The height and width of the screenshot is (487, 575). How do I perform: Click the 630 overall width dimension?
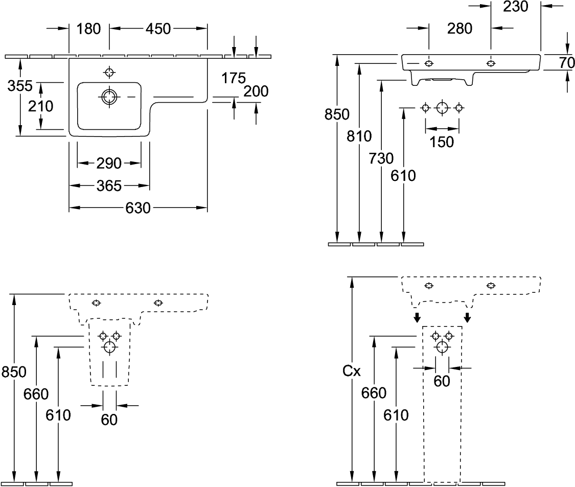click(138, 208)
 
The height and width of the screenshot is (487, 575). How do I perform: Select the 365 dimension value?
click(109, 186)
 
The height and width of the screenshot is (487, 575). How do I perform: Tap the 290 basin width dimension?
click(109, 164)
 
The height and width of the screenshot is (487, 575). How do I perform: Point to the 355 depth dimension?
click(20, 86)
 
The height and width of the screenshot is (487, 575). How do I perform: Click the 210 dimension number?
click(41, 106)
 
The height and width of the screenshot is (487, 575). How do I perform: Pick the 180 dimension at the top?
click(88, 29)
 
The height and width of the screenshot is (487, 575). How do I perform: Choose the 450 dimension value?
click(158, 29)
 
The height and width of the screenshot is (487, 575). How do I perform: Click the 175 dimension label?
click(234, 78)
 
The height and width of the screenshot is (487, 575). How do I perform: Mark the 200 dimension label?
click(256, 91)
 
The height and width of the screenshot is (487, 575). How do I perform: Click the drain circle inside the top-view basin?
click(109, 96)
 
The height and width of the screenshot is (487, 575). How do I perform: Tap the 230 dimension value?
click(515, 7)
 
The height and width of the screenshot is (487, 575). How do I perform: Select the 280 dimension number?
click(459, 29)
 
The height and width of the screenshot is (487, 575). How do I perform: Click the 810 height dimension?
click(359, 136)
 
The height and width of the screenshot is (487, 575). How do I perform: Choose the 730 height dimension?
click(381, 158)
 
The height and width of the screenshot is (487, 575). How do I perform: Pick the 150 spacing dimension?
click(442, 142)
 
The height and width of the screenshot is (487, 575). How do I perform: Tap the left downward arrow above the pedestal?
click(417, 317)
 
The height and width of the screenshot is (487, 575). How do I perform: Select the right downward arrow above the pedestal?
click(466, 317)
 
